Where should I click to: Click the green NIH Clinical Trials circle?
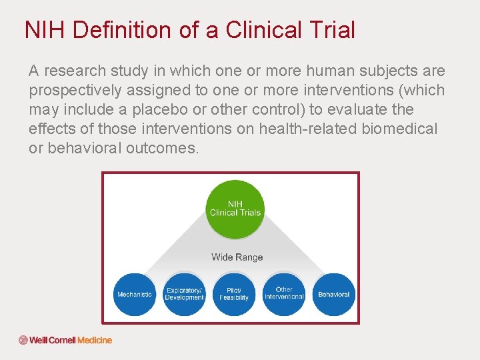pos(235,209)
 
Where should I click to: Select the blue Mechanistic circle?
pos(135,294)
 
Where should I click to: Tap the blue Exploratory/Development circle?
pos(184,294)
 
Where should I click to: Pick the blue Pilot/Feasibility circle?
pos(234,294)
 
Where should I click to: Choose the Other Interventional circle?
pos(284,293)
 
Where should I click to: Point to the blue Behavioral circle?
pos(333,294)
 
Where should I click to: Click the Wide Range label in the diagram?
pos(237,257)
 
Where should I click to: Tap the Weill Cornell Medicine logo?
pos(65,340)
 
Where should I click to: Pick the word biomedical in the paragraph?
pos(400,129)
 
